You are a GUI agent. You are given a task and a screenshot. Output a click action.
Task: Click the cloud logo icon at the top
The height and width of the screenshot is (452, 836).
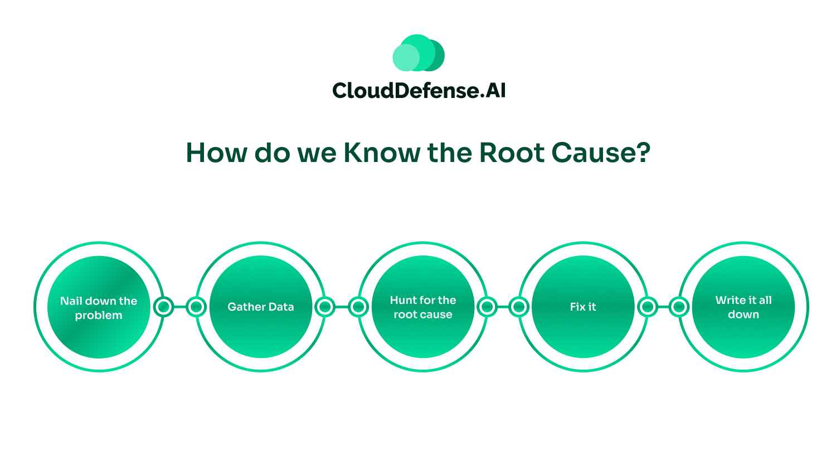click(418, 53)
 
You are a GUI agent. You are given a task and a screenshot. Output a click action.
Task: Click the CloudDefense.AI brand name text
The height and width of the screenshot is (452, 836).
click(418, 90)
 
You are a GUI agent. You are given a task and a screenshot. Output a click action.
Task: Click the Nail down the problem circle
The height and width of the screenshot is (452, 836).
click(99, 307)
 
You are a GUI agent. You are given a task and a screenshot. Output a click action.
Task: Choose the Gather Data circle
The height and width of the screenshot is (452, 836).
click(260, 307)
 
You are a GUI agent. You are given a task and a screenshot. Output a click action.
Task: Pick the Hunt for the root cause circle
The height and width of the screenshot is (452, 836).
click(422, 307)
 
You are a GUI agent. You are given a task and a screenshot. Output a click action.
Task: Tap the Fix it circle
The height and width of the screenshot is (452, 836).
click(583, 307)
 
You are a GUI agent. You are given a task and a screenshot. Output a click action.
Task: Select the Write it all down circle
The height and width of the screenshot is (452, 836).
click(743, 307)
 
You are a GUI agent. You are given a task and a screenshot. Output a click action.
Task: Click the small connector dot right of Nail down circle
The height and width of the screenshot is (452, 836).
click(163, 307)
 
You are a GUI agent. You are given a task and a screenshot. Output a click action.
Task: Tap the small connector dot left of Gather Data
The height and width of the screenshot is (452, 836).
click(196, 307)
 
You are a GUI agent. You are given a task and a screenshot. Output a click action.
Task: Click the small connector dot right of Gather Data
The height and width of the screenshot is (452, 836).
click(324, 307)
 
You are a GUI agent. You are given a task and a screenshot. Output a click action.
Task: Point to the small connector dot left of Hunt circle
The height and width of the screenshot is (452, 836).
click(358, 307)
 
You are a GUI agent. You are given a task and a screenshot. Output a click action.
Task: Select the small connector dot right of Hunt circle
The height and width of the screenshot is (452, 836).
click(487, 307)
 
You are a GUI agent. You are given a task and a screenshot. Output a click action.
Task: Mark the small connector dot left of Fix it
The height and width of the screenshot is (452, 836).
click(519, 307)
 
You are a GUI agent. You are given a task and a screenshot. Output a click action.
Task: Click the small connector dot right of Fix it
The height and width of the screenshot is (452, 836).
click(647, 307)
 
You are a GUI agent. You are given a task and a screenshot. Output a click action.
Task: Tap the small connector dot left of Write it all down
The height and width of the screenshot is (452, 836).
click(679, 307)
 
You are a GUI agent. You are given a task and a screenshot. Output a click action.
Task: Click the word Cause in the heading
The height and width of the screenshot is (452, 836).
click(589, 153)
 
